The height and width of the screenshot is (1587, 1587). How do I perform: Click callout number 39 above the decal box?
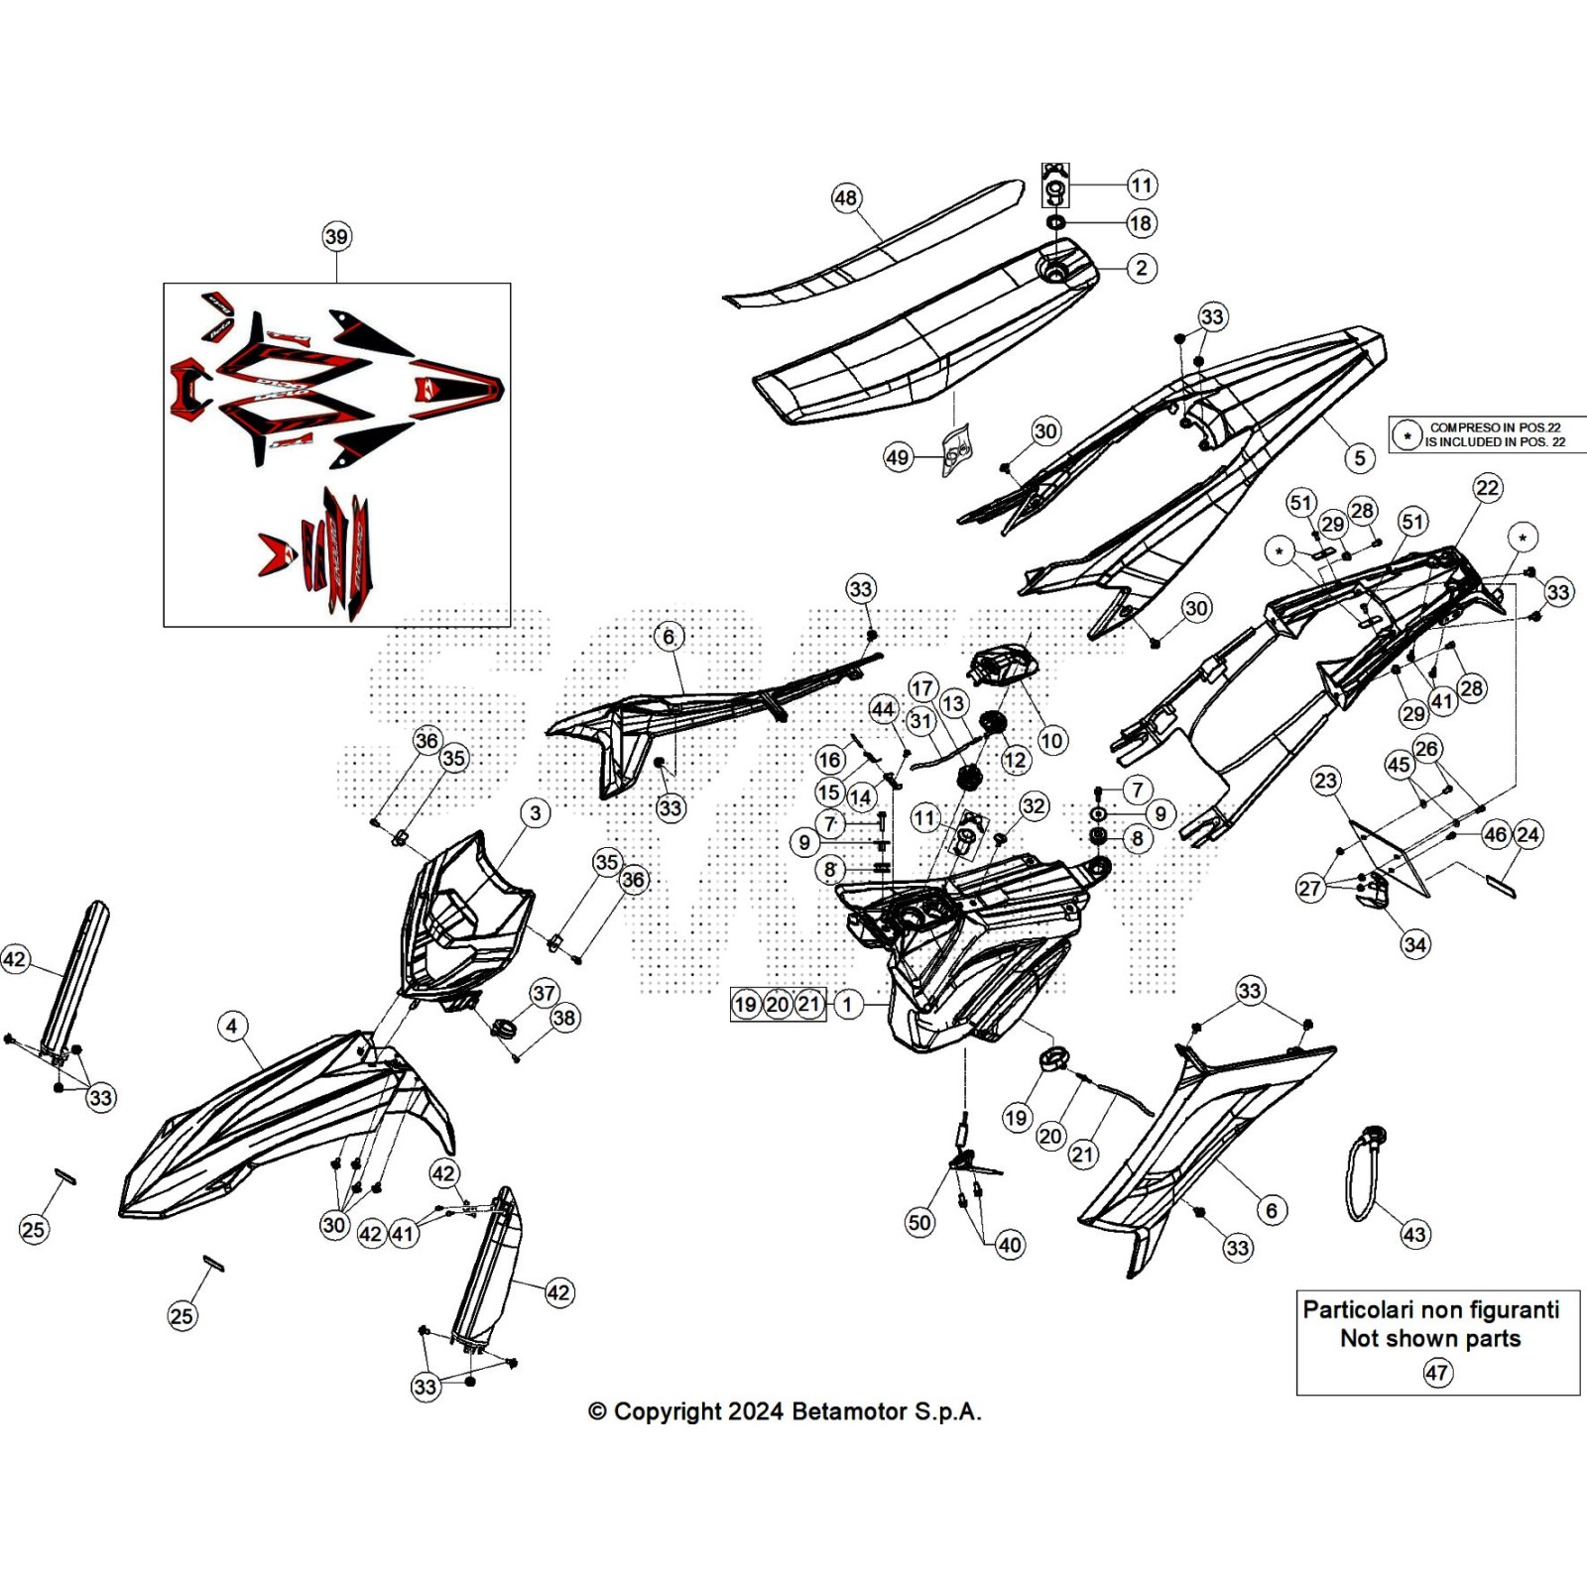(x=336, y=236)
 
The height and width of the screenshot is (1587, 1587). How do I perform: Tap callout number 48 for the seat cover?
(x=845, y=198)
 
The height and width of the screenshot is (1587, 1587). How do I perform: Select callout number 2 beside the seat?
(x=1142, y=268)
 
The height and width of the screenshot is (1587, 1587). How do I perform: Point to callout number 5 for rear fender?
(x=1360, y=458)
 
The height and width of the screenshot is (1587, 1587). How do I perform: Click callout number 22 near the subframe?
(x=1487, y=487)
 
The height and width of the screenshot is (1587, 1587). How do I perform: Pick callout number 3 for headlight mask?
(x=536, y=813)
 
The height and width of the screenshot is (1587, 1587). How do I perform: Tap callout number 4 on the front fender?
(x=232, y=1026)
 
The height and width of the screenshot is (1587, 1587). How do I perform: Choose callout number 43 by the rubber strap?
(x=1413, y=1235)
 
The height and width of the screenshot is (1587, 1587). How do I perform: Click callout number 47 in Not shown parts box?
(x=1436, y=1373)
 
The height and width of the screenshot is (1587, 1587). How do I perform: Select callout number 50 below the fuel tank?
(x=919, y=1222)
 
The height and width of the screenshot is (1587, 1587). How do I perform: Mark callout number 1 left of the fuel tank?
(x=847, y=1004)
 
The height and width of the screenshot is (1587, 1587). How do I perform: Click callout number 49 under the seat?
(x=898, y=457)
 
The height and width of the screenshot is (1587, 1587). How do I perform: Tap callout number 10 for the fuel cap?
(x=1051, y=740)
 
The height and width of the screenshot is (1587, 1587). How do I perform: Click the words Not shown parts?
(x=1429, y=1338)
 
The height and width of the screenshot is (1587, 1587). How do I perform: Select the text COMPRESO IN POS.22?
(x=1495, y=427)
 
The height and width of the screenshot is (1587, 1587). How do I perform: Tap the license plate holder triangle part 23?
(x=1389, y=853)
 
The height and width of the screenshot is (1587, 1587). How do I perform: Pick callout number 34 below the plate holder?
(x=1415, y=944)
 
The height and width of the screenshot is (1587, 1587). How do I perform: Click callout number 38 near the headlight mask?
(x=564, y=1018)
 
